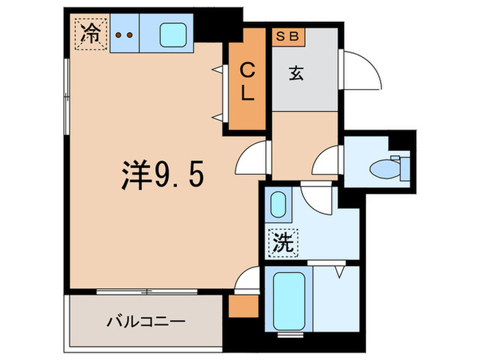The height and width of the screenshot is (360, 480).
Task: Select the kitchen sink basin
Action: click(x=171, y=34)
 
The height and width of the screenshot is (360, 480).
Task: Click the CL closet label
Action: click(x=248, y=82)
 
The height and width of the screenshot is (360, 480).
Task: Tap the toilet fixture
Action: click(x=392, y=165)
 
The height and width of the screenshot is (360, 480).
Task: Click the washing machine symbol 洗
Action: click(x=281, y=241)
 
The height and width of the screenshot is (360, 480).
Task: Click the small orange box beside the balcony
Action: click(x=241, y=306)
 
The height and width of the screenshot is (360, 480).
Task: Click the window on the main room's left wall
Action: click(x=67, y=96)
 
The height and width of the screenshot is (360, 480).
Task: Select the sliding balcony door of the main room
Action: click(x=147, y=291)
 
